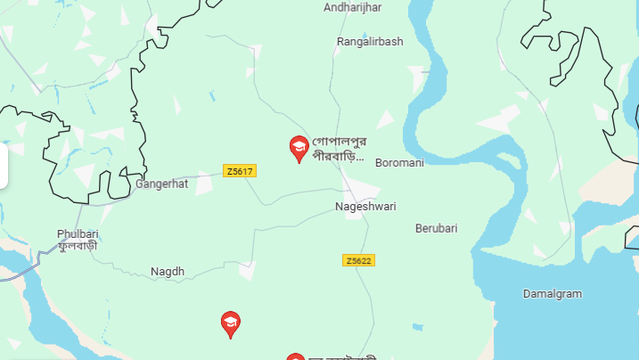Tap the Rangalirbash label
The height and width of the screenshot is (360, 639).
(x=370, y=42)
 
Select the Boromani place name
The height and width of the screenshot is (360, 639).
(x=399, y=163)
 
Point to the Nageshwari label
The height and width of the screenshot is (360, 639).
(x=365, y=207)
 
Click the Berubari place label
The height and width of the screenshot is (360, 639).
(x=436, y=228)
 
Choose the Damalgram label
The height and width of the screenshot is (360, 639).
(x=552, y=293)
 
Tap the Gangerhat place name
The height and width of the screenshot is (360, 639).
(x=162, y=185)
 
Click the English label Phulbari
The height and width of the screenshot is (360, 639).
(x=78, y=233)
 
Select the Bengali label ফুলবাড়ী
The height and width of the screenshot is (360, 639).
(x=78, y=246)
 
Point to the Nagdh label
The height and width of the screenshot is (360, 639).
(x=167, y=271)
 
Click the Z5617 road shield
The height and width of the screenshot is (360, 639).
(x=240, y=171)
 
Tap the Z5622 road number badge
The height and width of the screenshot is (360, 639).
(x=357, y=260)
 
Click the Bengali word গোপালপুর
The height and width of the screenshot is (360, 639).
(x=340, y=143)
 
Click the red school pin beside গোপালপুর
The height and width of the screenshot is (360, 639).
(x=299, y=148)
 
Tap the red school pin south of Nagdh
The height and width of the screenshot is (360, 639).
(x=231, y=324)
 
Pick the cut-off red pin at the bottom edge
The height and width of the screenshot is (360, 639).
(x=295, y=356)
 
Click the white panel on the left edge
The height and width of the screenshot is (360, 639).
(x=4, y=166)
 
